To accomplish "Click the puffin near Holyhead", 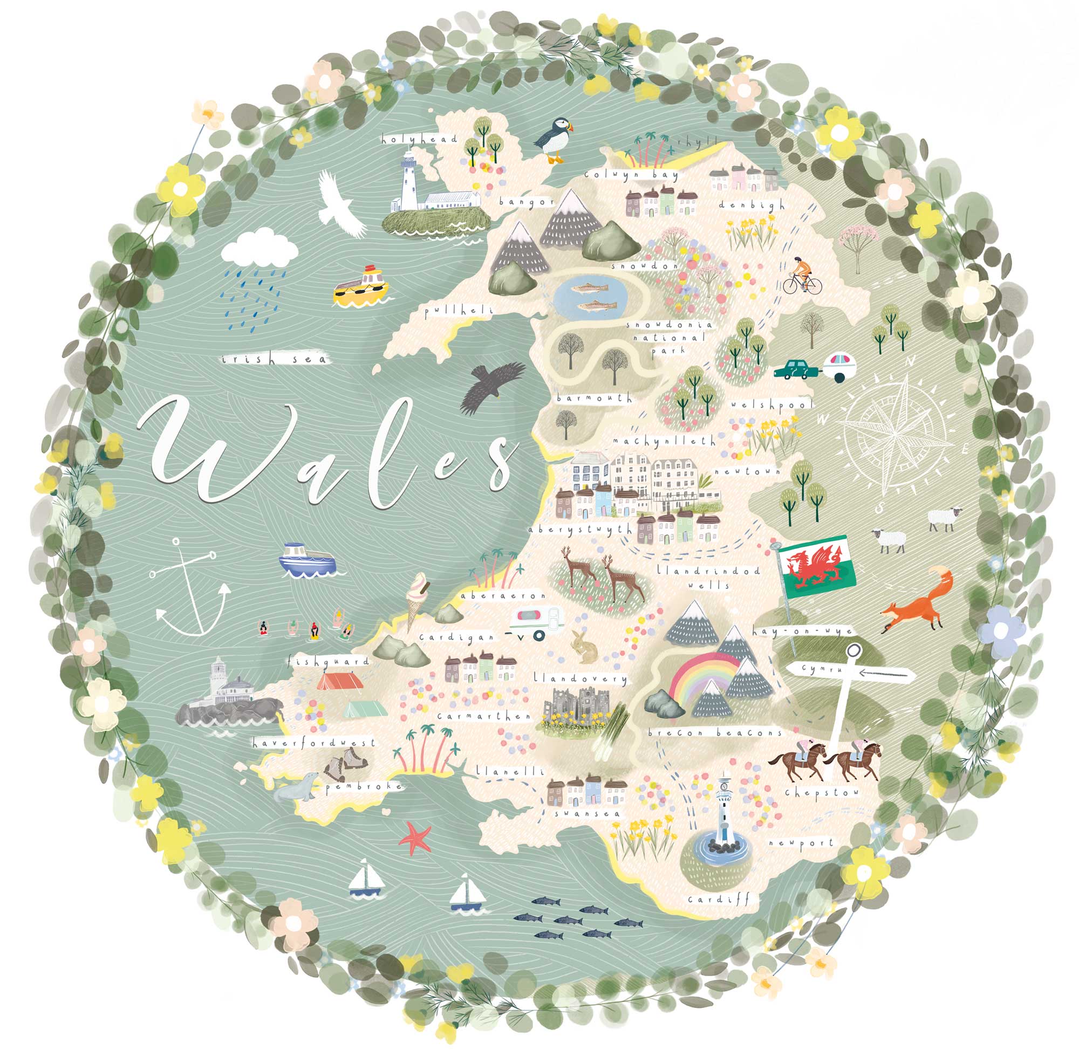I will tap(554, 139).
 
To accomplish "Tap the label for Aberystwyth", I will tap(580, 530).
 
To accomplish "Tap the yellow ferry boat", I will tap(361, 286).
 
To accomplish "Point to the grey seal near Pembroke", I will tap(298, 787).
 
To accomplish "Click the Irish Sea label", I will tap(274, 360).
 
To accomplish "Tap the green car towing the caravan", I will tap(794, 369).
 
